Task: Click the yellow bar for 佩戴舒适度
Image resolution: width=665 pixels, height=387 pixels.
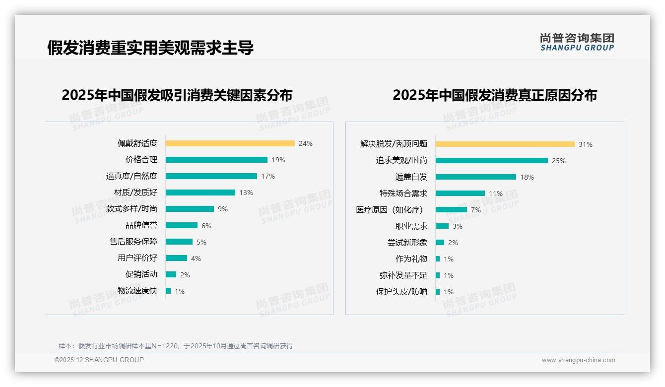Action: pos(230,143)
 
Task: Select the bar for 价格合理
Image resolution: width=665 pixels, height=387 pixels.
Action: pos(216,160)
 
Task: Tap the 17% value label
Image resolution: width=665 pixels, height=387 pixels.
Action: pos(268,176)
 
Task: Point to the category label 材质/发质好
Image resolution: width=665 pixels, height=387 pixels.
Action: pos(135,193)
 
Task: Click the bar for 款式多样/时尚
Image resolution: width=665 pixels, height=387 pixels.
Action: pos(190,209)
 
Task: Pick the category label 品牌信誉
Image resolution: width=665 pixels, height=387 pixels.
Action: pos(141,225)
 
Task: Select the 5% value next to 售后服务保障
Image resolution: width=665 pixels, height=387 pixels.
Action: pos(201,242)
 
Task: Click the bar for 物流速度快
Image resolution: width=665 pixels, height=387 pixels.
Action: pos(168,291)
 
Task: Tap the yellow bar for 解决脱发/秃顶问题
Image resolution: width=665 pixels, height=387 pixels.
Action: pos(505,144)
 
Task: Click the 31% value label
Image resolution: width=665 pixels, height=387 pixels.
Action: pos(585,144)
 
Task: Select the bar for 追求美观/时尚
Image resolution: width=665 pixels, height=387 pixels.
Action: pos(491,161)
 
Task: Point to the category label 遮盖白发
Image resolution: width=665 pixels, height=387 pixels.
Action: pos(411,177)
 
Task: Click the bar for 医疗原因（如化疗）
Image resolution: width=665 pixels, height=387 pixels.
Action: pos(451,210)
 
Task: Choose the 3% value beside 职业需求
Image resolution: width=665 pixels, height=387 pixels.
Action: pos(457,226)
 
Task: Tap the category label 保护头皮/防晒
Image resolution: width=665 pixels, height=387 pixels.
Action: pos(401,292)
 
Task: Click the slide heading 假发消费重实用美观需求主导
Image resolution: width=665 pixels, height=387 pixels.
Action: pos(150,48)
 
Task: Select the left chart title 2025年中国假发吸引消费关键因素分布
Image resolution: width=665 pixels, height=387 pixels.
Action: pos(177,95)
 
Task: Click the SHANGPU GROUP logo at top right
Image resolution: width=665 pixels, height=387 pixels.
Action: pos(577,42)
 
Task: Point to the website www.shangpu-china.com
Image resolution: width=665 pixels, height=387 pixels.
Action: pos(578,360)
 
